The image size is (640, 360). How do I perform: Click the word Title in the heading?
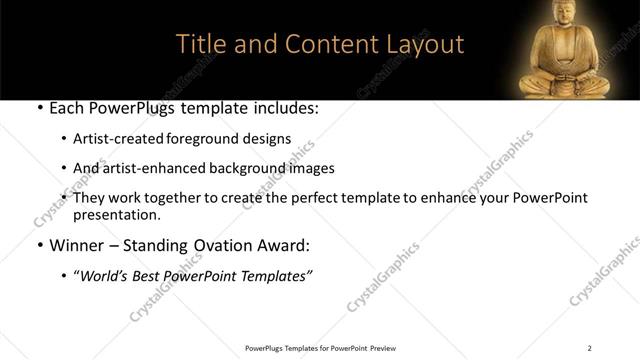(198, 45)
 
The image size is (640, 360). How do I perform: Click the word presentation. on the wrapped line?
(117, 214)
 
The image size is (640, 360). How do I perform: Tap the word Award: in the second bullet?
(289, 245)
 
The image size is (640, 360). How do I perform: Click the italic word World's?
(104, 277)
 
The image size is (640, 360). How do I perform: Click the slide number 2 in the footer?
(589, 348)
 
